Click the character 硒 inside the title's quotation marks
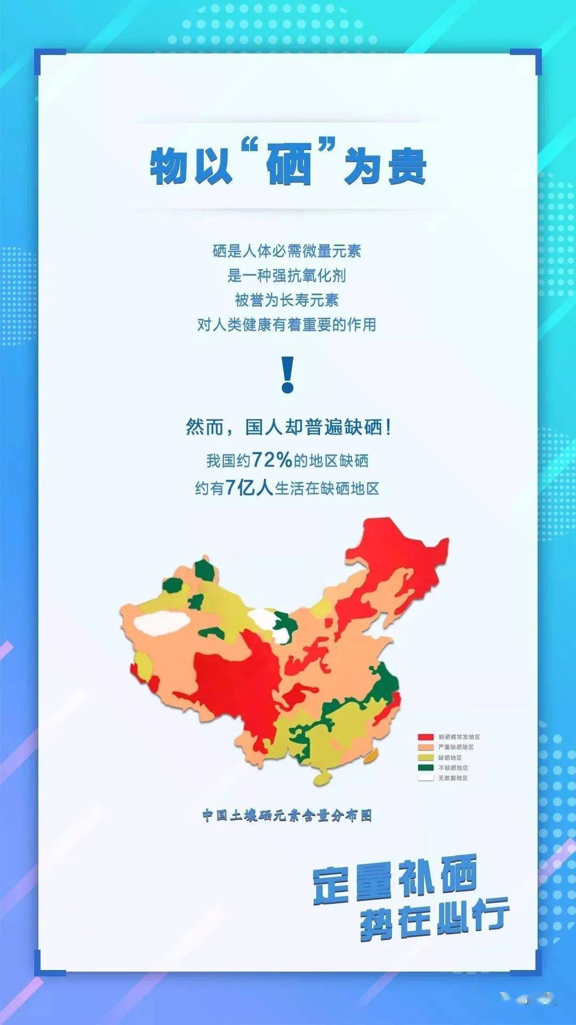click(x=289, y=166)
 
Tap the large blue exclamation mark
click(x=287, y=375)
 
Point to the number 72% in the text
click(x=272, y=460)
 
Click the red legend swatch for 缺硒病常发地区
click(x=425, y=737)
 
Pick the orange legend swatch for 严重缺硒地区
click(x=425, y=747)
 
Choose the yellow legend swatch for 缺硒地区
click(x=425, y=758)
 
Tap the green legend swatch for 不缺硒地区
click(x=425, y=768)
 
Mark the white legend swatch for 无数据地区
click(x=425, y=778)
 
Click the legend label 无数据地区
click(x=453, y=778)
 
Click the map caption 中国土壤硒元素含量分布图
click(x=287, y=815)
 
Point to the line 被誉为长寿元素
click(x=287, y=300)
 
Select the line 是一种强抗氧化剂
click(x=287, y=275)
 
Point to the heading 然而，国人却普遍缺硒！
click(x=288, y=427)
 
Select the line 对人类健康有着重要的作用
click(x=287, y=325)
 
